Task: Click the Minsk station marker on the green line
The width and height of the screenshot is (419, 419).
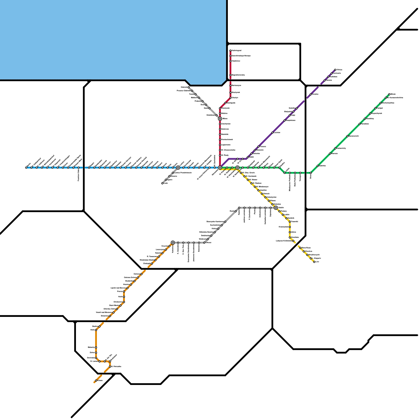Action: pos(389,94)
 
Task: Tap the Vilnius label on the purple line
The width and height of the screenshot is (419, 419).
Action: pos(339,70)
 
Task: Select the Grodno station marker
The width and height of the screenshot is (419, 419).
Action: pos(311,94)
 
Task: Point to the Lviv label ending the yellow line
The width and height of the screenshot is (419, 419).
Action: pos(317,262)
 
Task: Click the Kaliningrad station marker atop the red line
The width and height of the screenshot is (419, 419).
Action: pos(230,51)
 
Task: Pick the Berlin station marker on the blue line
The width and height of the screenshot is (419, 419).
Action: pos(26,168)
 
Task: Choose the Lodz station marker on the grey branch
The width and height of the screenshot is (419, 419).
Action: pos(162,183)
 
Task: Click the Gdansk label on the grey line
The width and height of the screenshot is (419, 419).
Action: pos(184,87)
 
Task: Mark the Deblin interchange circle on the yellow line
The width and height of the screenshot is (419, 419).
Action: pos(276,208)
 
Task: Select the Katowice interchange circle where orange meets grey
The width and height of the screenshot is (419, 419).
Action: pos(173,242)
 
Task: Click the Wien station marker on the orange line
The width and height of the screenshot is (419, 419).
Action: pos(96,381)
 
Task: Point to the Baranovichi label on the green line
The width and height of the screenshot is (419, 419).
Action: pos(354,136)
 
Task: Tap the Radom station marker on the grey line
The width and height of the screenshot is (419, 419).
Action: pos(236,211)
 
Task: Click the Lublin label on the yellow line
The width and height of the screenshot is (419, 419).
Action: pos(287,214)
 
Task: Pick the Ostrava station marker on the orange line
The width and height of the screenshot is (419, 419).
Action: pos(141,274)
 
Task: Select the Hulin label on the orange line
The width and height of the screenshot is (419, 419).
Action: pos(120,297)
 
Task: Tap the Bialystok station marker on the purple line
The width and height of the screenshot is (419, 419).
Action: pos(293,112)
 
